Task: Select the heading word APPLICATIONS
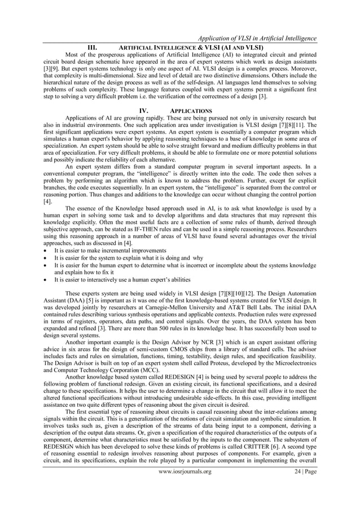[x=191, y=110]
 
